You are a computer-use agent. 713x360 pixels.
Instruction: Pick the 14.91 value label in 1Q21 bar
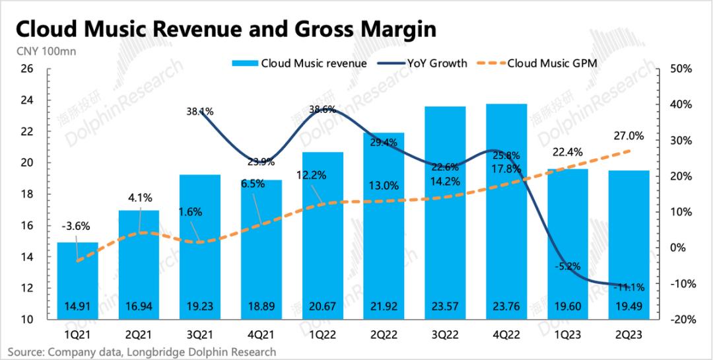click(77, 305)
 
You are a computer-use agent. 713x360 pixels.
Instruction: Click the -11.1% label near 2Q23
click(629, 287)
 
